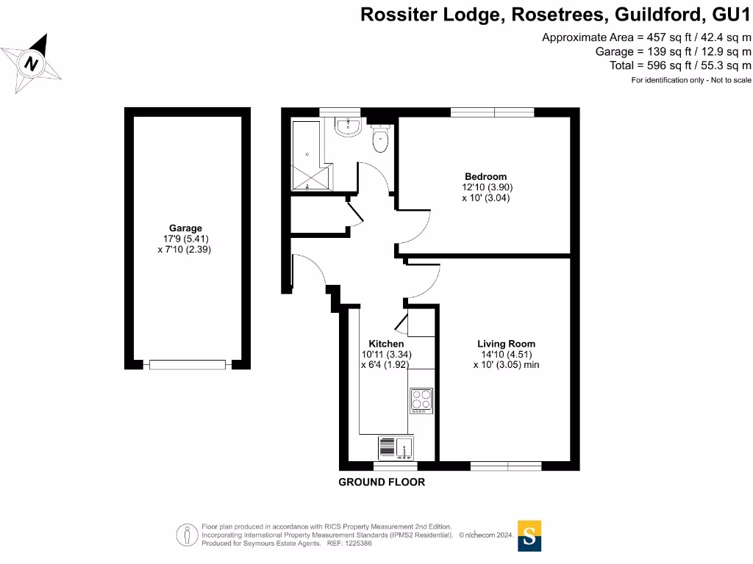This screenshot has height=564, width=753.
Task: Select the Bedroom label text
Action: pyautogui.click(x=485, y=176)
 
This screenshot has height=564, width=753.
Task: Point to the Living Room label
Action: pyautogui.click(x=506, y=344)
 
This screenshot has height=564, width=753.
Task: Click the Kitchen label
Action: pyautogui.click(x=386, y=344)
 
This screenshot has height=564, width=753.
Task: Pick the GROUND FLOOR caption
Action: pyautogui.click(x=381, y=482)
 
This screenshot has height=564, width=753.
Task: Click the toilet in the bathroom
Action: pyautogui.click(x=381, y=140)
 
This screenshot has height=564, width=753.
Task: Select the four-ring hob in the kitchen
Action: pyautogui.click(x=421, y=400)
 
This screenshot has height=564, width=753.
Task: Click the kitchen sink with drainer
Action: pyautogui.click(x=396, y=446)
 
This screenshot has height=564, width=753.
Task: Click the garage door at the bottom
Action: pyautogui.click(x=187, y=364)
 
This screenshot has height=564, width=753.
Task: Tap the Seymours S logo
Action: pyautogui.click(x=529, y=535)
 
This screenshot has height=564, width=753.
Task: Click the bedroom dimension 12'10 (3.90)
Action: pyautogui.click(x=485, y=187)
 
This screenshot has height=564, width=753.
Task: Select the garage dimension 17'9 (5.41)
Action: pyautogui.click(x=185, y=239)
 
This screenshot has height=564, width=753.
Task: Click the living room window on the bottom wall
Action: pyautogui.click(x=505, y=466)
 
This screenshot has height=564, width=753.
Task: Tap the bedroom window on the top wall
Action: pyautogui.click(x=492, y=112)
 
